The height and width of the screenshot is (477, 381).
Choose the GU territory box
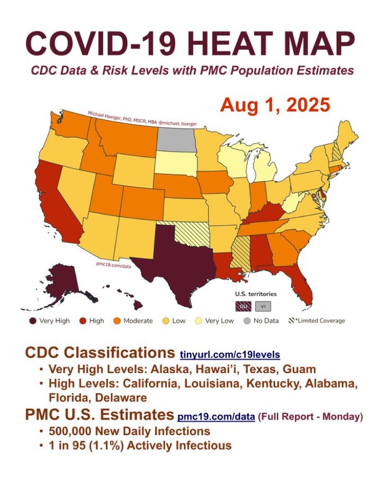coord(242,305)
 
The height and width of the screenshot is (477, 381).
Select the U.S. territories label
coord(252,294)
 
